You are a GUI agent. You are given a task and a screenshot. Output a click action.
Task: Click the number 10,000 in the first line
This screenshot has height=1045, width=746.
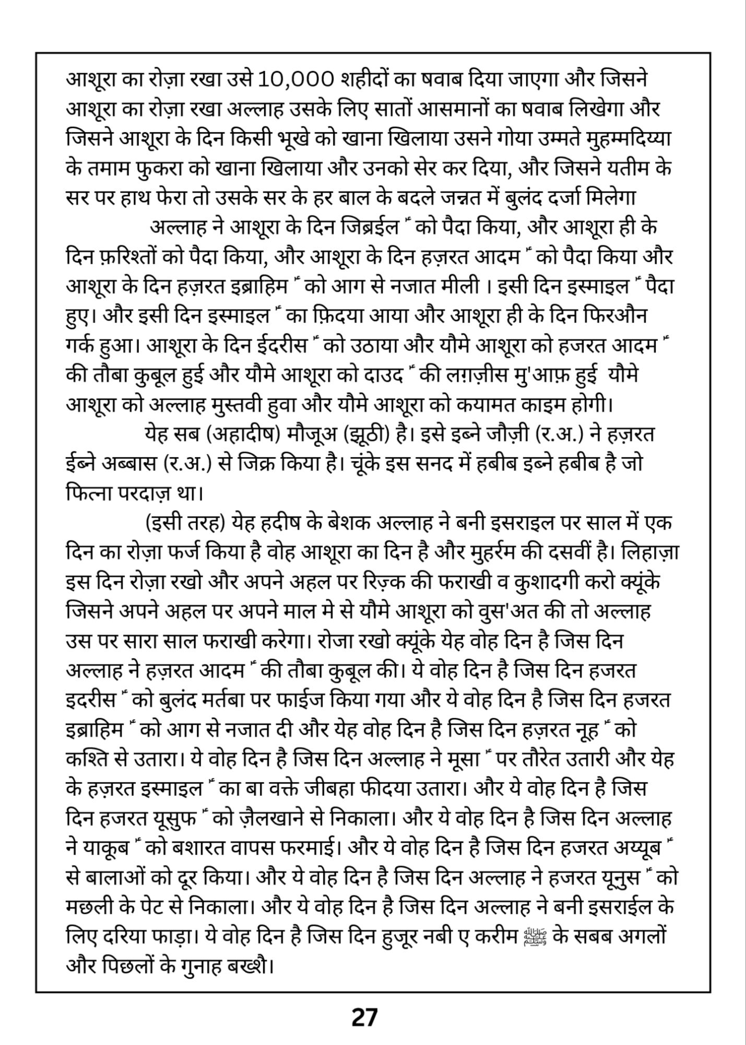pyautogui.click(x=295, y=79)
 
